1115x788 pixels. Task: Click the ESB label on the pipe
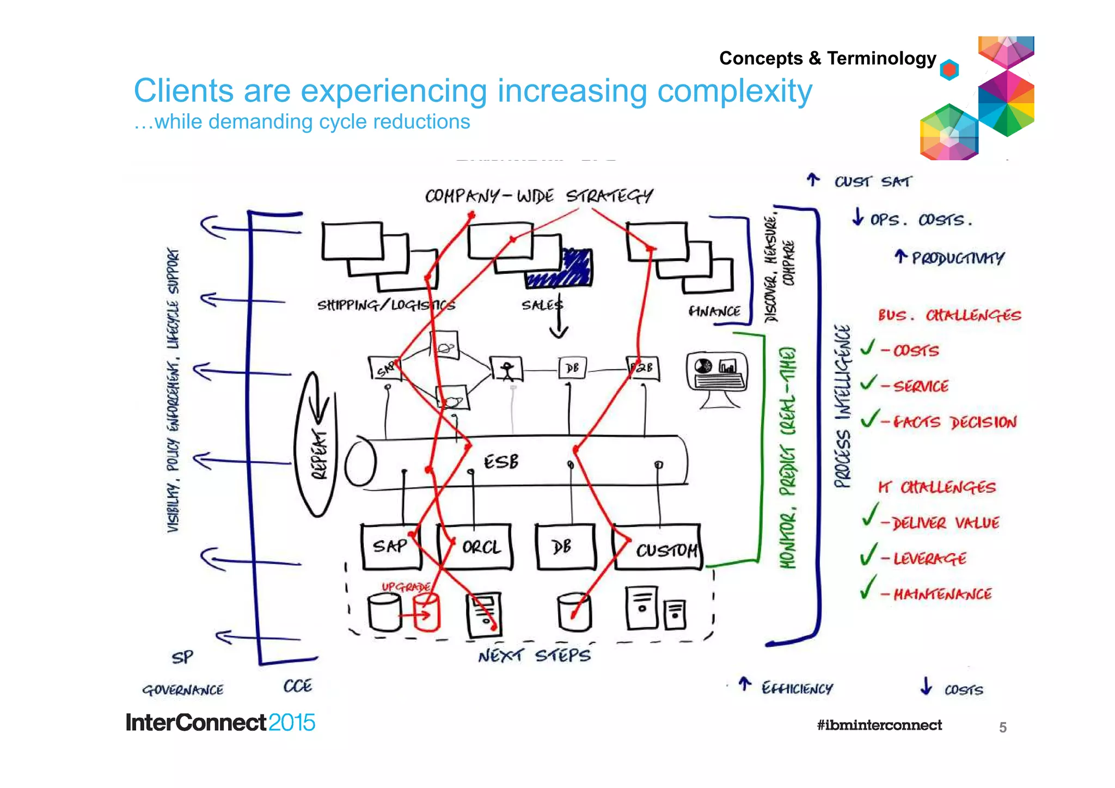[x=501, y=462]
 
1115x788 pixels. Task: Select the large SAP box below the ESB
[x=390, y=546]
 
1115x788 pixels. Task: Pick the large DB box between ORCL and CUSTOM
[x=564, y=547]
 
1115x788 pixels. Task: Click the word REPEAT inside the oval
[x=320, y=453]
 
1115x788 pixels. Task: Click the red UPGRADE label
[x=406, y=587]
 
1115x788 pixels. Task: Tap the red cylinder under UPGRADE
[x=426, y=612]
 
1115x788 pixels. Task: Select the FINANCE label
[x=714, y=311]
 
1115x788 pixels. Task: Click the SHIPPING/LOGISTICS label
[x=385, y=305]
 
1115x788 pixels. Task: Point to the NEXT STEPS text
[x=534, y=655]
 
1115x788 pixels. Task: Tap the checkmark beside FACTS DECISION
[x=869, y=418]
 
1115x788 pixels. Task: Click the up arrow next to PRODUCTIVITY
[x=900, y=256]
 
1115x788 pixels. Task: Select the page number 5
[x=1002, y=727]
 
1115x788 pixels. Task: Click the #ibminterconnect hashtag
[x=879, y=725]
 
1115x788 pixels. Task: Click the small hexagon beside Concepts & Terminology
[x=949, y=70]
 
